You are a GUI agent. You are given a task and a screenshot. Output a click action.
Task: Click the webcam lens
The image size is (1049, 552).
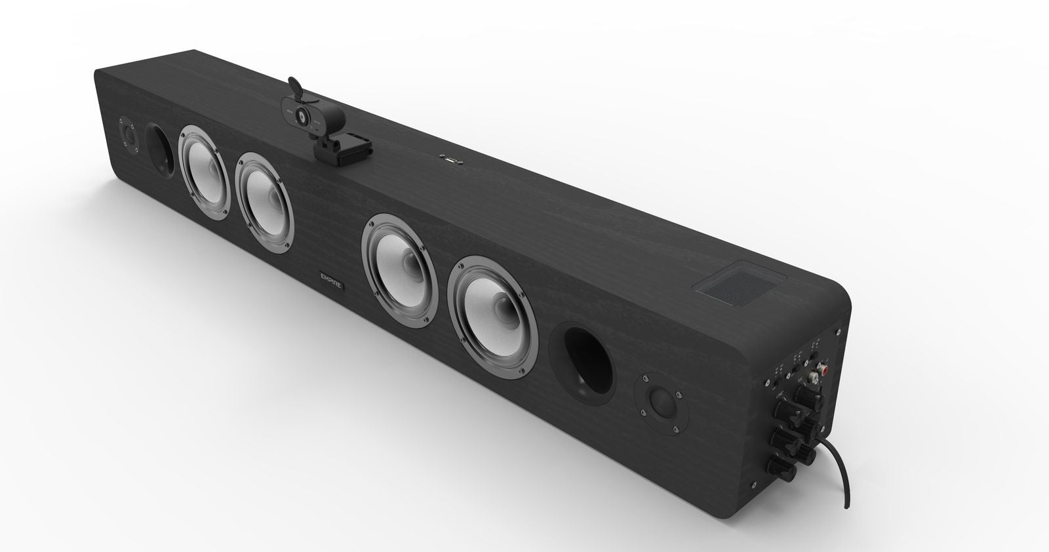coord(302,115)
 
